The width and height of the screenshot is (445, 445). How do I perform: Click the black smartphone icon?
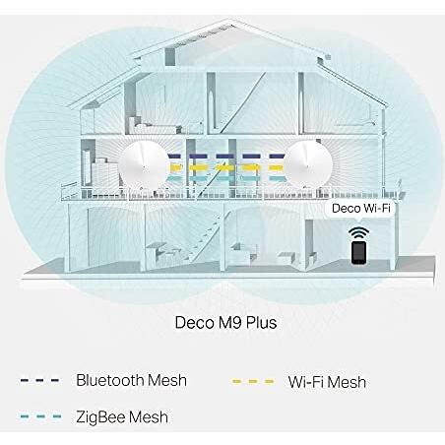pyautogui.click(x=358, y=253)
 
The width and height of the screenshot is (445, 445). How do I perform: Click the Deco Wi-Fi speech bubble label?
pyautogui.click(x=360, y=209)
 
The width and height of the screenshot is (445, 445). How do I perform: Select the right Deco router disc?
pyautogui.click(x=308, y=164)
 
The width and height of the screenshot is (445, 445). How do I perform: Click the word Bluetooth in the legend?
pyautogui.click(x=110, y=380)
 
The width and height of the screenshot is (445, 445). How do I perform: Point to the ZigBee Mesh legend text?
pyautogui.click(x=122, y=417)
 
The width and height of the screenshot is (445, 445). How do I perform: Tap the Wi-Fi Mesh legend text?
pyautogui.click(x=327, y=382)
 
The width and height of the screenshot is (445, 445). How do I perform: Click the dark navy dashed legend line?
pyautogui.click(x=39, y=381)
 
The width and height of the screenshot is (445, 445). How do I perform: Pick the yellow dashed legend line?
pyautogui.click(x=253, y=381)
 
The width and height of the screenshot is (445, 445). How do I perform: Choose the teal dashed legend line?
pyautogui.click(x=40, y=416)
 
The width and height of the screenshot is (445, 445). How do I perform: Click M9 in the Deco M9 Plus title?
pyautogui.click(x=229, y=323)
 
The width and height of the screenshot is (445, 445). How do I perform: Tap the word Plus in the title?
pyautogui.click(x=261, y=323)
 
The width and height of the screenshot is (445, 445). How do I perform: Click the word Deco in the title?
pyautogui.click(x=194, y=323)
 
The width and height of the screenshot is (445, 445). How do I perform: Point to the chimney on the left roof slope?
pyautogui.click(x=170, y=57)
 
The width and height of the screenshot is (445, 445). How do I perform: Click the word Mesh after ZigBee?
pyautogui.click(x=149, y=417)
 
